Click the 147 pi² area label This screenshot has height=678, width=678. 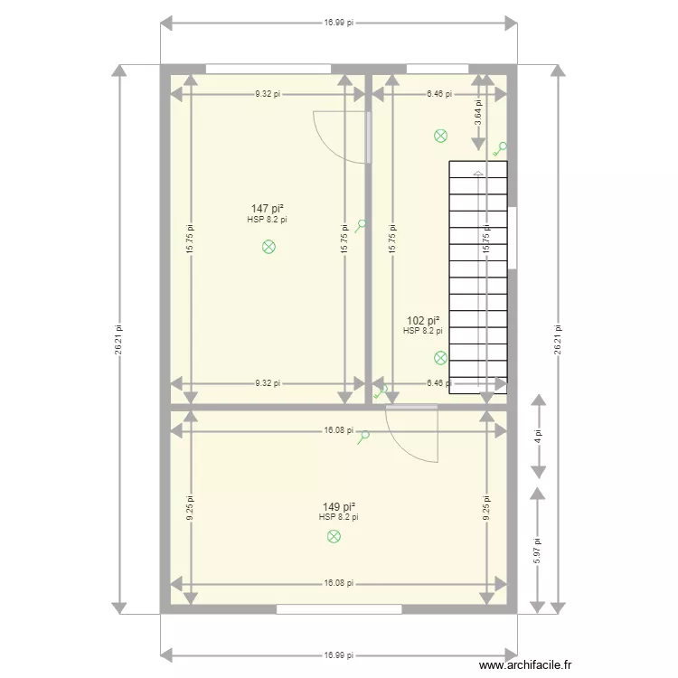pyautogui.click(x=268, y=209)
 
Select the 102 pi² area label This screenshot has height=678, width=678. pyautogui.click(x=423, y=321)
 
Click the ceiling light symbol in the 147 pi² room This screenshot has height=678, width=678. pyautogui.click(x=268, y=246)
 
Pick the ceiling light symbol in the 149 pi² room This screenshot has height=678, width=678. pyautogui.click(x=334, y=537)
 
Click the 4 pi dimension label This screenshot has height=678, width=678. pyautogui.click(x=538, y=436)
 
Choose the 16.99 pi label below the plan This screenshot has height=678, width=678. pyautogui.click(x=339, y=655)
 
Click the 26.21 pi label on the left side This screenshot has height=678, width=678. pyautogui.click(x=118, y=339)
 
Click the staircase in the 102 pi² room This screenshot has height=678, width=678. pyautogui.click(x=478, y=276)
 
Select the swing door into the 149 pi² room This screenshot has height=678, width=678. pyautogui.click(x=412, y=434)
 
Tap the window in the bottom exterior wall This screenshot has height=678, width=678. pyautogui.click(x=339, y=610)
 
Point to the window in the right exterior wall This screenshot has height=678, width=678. pyautogui.click(x=513, y=238)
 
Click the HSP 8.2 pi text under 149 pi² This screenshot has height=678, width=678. pyautogui.click(x=339, y=518)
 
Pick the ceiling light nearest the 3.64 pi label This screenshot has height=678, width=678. pyautogui.click(x=440, y=137)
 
